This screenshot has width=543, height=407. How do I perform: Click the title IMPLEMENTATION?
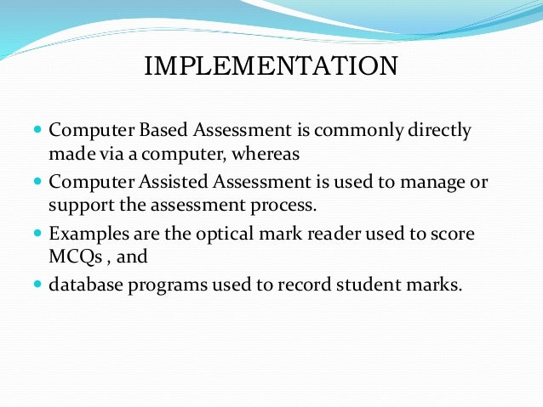(271, 65)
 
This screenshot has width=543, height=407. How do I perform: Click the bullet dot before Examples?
(37, 233)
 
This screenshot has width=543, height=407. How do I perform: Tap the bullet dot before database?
(37, 284)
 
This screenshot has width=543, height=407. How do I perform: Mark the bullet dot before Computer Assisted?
(37, 182)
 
